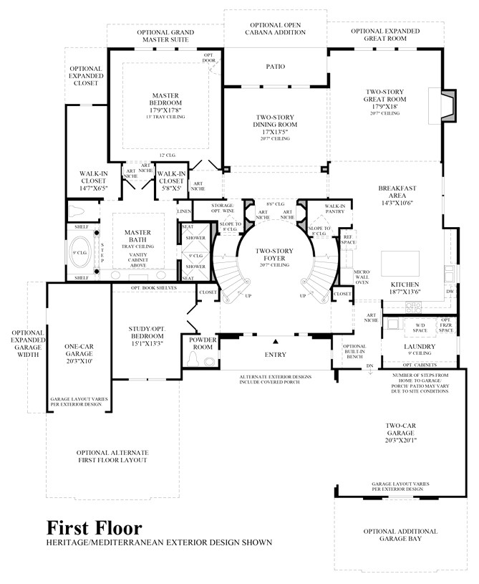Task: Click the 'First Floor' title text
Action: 89,529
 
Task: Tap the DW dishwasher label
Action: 450,292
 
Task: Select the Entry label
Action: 275,354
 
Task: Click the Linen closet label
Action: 184,212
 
